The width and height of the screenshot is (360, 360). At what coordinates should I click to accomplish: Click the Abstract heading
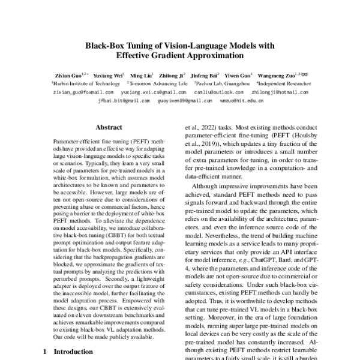109,127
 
